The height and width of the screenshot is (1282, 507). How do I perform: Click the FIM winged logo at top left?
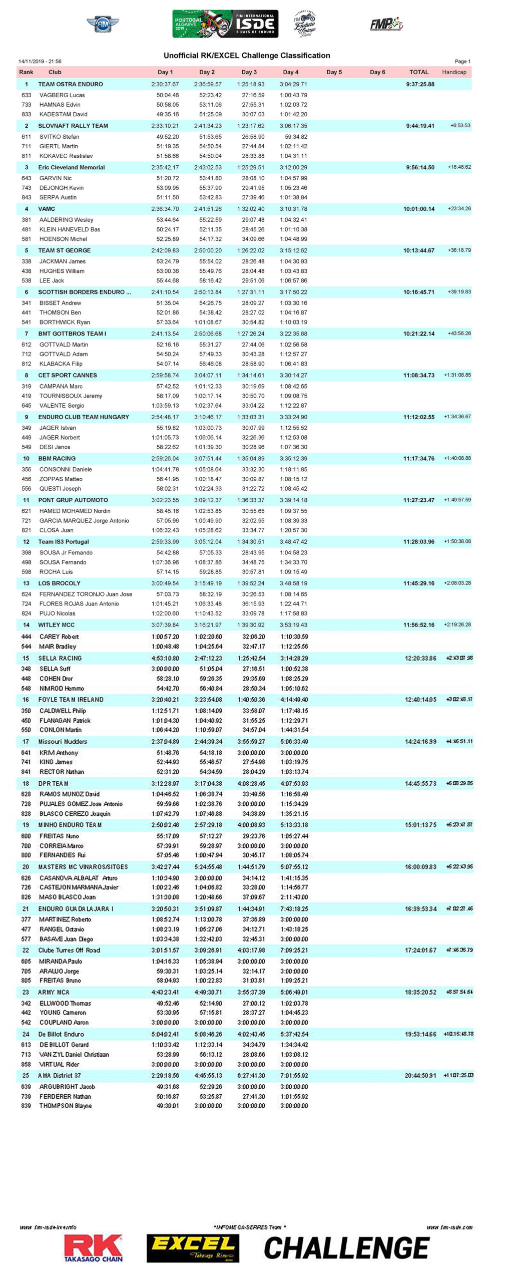pyautogui.click(x=103, y=24)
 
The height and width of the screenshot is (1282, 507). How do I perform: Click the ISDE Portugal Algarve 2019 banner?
pyautogui.click(x=225, y=24)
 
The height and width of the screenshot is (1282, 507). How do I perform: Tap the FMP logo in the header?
pyautogui.click(x=386, y=24)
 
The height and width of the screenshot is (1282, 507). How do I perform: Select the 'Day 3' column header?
pyautogui.click(x=249, y=72)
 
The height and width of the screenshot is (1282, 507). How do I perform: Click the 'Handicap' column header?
pyautogui.click(x=454, y=72)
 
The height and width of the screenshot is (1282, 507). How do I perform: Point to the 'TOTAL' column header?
pyautogui.click(x=419, y=72)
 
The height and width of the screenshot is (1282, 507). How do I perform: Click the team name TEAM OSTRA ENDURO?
pyautogui.click(x=71, y=84)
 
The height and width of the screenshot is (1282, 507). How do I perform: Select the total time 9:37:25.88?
pyautogui.click(x=420, y=84)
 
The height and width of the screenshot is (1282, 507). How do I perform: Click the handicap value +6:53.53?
pyautogui.click(x=460, y=126)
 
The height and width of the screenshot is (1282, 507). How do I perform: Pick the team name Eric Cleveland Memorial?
pyautogui.click(x=72, y=167)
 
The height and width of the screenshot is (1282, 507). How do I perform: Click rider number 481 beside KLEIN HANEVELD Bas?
pyautogui.click(x=27, y=229)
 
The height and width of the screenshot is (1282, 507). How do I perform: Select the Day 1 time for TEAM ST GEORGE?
pyautogui.click(x=165, y=250)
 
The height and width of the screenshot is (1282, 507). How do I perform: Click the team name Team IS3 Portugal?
pyautogui.click(x=64, y=542)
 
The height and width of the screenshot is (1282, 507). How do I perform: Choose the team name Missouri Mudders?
pyautogui.click(x=63, y=742)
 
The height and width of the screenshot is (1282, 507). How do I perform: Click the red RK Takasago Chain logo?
pyautogui.click(x=93, y=1247)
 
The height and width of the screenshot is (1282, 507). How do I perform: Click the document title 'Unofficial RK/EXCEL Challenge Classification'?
pyautogui.click(x=247, y=56)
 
